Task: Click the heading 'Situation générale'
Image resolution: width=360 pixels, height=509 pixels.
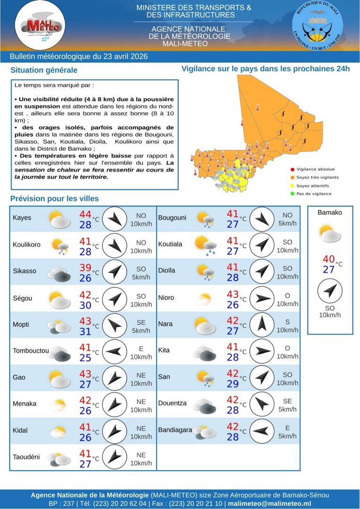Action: tap(44, 70)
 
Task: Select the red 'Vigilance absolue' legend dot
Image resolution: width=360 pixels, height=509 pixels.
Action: tap(293, 169)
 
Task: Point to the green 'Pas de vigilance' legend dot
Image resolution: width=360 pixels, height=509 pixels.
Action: tap(293, 194)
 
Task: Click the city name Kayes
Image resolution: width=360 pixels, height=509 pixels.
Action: tap(22, 218)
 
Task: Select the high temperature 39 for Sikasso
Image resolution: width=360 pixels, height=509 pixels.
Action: tap(85, 268)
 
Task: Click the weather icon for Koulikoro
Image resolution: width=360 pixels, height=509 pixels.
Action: tap(60, 246)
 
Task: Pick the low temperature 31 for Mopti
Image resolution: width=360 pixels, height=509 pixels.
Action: tap(85, 331)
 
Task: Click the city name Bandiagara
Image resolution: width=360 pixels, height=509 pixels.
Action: tap(175, 430)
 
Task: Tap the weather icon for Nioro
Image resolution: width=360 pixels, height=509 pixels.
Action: tap(205, 298)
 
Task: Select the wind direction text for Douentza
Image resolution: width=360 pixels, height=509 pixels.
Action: tap(287, 401)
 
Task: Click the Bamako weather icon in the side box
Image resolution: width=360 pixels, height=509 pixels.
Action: tap(329, 233)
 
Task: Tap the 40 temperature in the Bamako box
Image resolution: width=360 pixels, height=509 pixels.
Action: tap(329, 259)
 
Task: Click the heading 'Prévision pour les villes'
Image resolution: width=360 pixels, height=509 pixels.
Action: tap(55, 198)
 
